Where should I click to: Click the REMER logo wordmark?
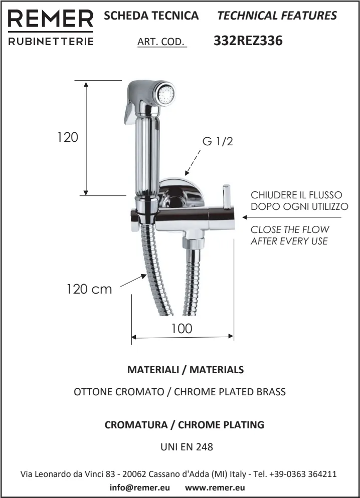coord(51,19)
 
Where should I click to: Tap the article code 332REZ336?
coord(248,41)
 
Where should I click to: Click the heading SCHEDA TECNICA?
coord(151,16)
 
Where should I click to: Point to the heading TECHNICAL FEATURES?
coord(277,16)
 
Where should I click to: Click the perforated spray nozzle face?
coord(166,94)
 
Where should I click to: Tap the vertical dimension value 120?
coord(67,137)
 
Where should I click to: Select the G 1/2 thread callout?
coord(218,141)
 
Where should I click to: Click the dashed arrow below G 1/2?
coord(193,163)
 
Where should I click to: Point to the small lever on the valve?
coord(227,196)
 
